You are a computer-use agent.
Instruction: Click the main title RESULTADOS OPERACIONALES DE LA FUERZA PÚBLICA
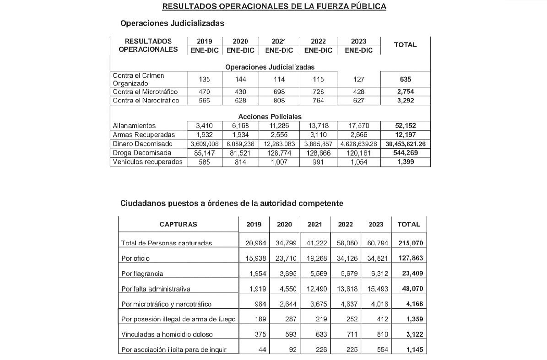tap(274, 6)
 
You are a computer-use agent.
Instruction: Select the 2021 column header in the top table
tap(279, 42)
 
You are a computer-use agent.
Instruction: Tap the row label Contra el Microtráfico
tap(145, 92)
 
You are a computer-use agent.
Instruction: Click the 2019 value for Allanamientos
tap(205, 126)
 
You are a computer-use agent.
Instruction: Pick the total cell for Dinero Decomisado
tap(405, 144)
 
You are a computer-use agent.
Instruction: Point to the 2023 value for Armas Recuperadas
tap(358, 135)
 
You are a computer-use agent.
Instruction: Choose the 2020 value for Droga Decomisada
tap(240, 153)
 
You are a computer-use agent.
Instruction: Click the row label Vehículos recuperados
tap(147, 162)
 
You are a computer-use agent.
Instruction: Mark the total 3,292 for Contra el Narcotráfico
tap(405, 101)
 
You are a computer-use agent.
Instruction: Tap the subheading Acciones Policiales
tap(270, 117)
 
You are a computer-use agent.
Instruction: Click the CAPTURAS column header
tap(179, 225)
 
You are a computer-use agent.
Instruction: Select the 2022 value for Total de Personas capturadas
tap(345, 243)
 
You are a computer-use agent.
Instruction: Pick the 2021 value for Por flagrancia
tap(315, 274)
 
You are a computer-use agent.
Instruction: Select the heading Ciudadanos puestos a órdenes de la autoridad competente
tap(232, 203)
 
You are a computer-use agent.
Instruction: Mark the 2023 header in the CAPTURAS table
tap(376, 225)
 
